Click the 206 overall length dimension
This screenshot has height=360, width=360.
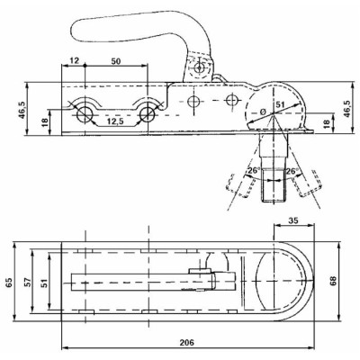[x=186, y=343]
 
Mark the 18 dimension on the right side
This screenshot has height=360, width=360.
[x=327, y=122]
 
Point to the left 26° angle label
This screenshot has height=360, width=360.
[x=253, y=171]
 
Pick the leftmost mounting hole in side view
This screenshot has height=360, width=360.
[x=85, y=112]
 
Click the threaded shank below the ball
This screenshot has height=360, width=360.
[x=273, y=184]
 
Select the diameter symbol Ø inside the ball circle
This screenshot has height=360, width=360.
[x=261, y=112]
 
